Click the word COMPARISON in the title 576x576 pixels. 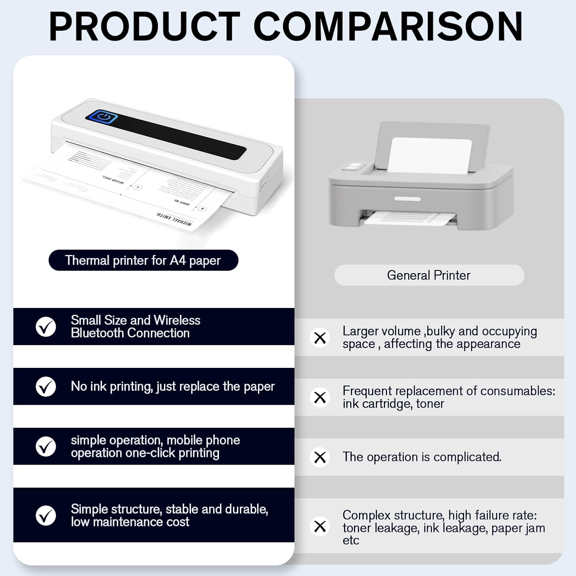click(388, 26)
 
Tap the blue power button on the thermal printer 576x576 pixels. click(102, 117)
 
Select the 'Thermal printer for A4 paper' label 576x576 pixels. click(143, 260)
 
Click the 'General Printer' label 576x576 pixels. click(429, 275)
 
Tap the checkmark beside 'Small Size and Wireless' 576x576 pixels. click(46, 327)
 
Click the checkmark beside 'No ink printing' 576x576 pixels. click(46, 387)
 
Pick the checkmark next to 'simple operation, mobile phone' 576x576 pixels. click(46, 447)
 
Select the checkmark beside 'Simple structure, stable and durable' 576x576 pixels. click(46, 515)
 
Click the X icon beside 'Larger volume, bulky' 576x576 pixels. click(320, 338)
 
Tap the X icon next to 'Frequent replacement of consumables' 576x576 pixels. click(320, 397)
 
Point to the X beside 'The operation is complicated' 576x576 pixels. click(320, 457)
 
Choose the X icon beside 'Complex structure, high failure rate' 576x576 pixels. click(320, 526)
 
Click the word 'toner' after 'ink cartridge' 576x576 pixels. click(430, 404)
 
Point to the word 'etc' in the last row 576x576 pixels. click(351, 540)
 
